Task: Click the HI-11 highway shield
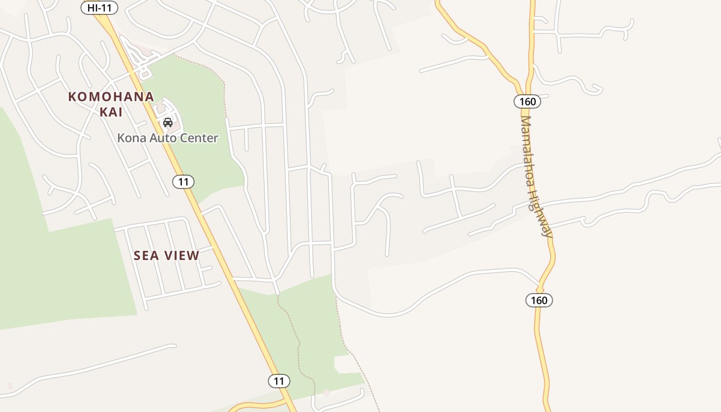pyautogui.click(x=99, y=8)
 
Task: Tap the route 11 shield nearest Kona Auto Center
pyautogui.click(x=183, y=181)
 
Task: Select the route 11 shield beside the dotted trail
pyautogui.click(x=279, y=381)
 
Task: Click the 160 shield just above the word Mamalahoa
pyautogui.click(x=527, y=101)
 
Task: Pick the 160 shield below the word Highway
pyautogui.click(x=539, y=300)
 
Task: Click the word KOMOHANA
pyautogui.click(x=111, y=97)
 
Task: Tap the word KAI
pyautogui.click(x=111, y=112)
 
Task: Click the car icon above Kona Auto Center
pyautogui.click(x=167, y=123)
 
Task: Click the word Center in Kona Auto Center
pyautogui.click(x=200, y=138)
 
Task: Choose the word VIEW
pyautogui.click(x=181, y=255)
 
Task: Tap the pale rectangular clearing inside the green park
pyautogui.click(x=347, y=364)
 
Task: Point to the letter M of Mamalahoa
pyautogui.click(x=525, y=122)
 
